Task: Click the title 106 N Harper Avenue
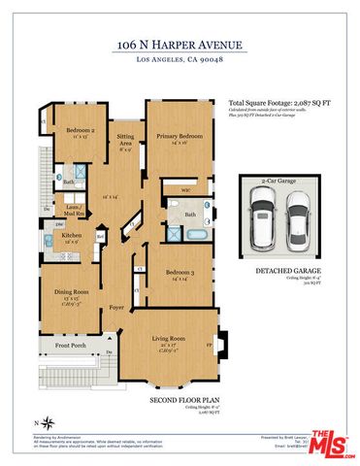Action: coord(180,45)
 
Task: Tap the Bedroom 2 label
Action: coord(80,130)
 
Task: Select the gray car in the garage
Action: coord(299,219)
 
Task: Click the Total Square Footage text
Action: coord(278,101)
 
